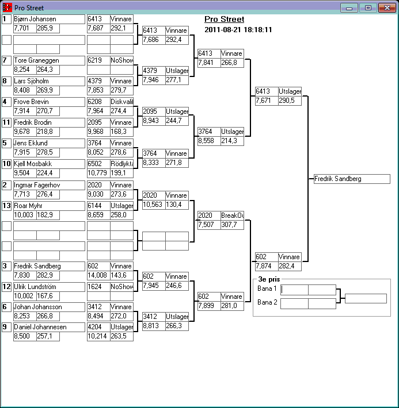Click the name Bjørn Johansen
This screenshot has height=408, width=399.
35,19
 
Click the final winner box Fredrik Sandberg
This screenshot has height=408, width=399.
352,179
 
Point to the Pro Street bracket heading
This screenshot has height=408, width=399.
224,19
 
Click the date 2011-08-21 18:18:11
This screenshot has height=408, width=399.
238,29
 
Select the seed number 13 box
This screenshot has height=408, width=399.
6,206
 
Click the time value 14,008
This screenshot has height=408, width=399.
98,275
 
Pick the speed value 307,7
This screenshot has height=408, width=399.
231,225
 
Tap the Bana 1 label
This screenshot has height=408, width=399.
267,288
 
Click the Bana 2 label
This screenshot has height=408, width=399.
267,302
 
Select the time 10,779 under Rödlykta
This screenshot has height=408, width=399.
98,173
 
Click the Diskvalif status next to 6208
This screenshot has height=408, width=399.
121,102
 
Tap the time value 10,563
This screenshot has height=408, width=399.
153,204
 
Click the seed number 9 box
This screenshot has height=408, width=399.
6,327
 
